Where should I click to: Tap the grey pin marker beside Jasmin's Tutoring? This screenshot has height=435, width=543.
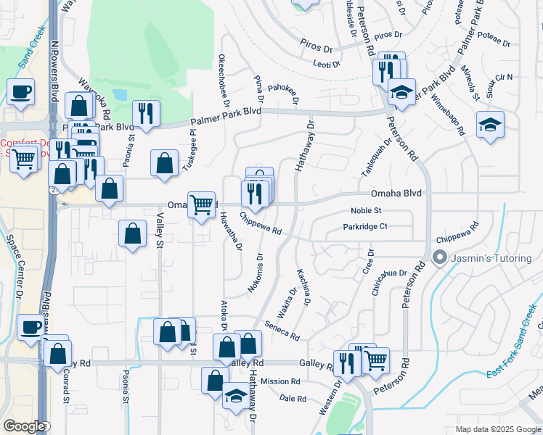click(x=438, y=257)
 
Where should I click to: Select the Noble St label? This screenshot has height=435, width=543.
click(x=366, y=210)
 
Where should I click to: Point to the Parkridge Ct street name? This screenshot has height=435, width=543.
click(x=366, y=227)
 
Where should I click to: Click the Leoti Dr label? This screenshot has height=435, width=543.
click(x=327, y=65)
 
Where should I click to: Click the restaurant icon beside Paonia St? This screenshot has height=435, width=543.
click(x=146, y=114)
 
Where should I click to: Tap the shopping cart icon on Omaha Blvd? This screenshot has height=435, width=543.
click(x=200, y=204)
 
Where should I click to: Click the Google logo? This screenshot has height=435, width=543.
click(x=25, y=426)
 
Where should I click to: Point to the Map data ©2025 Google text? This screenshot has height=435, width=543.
click(x=497, y=429)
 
